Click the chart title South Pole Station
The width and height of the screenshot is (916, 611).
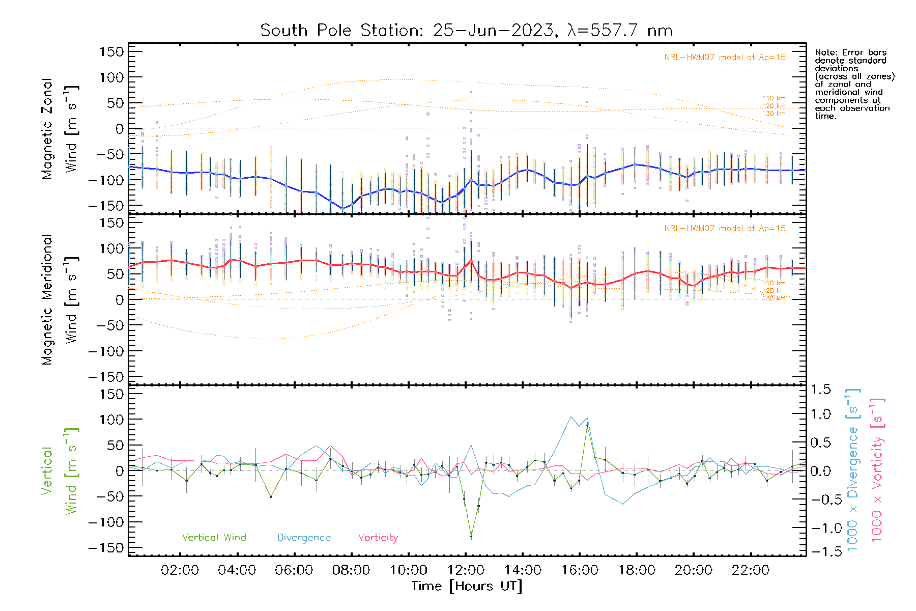point(466,31)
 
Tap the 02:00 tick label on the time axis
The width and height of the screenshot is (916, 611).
point(180,570)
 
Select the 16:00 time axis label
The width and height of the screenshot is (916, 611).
point(580,570)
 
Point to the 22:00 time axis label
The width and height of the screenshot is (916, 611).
point(750,570)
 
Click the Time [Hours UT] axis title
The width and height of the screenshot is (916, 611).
point(467,586)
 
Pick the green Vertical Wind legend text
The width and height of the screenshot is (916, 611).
point(214,537)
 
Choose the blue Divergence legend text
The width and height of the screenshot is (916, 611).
point(304,537)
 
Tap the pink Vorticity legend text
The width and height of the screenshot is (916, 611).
point(378,537)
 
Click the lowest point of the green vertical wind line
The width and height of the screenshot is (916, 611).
point(471,536)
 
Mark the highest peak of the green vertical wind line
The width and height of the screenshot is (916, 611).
point(587,426)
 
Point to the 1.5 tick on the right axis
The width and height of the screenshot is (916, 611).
point(821,389)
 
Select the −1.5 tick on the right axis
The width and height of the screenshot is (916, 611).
point(821,551)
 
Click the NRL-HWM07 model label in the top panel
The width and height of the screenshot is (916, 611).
point(725,58)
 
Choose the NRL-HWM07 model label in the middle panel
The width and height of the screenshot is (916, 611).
point(725,229)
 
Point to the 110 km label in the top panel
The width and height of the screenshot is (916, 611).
point(774,98)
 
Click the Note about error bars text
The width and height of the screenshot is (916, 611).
point(854,84)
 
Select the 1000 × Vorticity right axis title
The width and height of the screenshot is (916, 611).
point(877,471)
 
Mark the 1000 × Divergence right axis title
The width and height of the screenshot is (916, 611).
point(853,471)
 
